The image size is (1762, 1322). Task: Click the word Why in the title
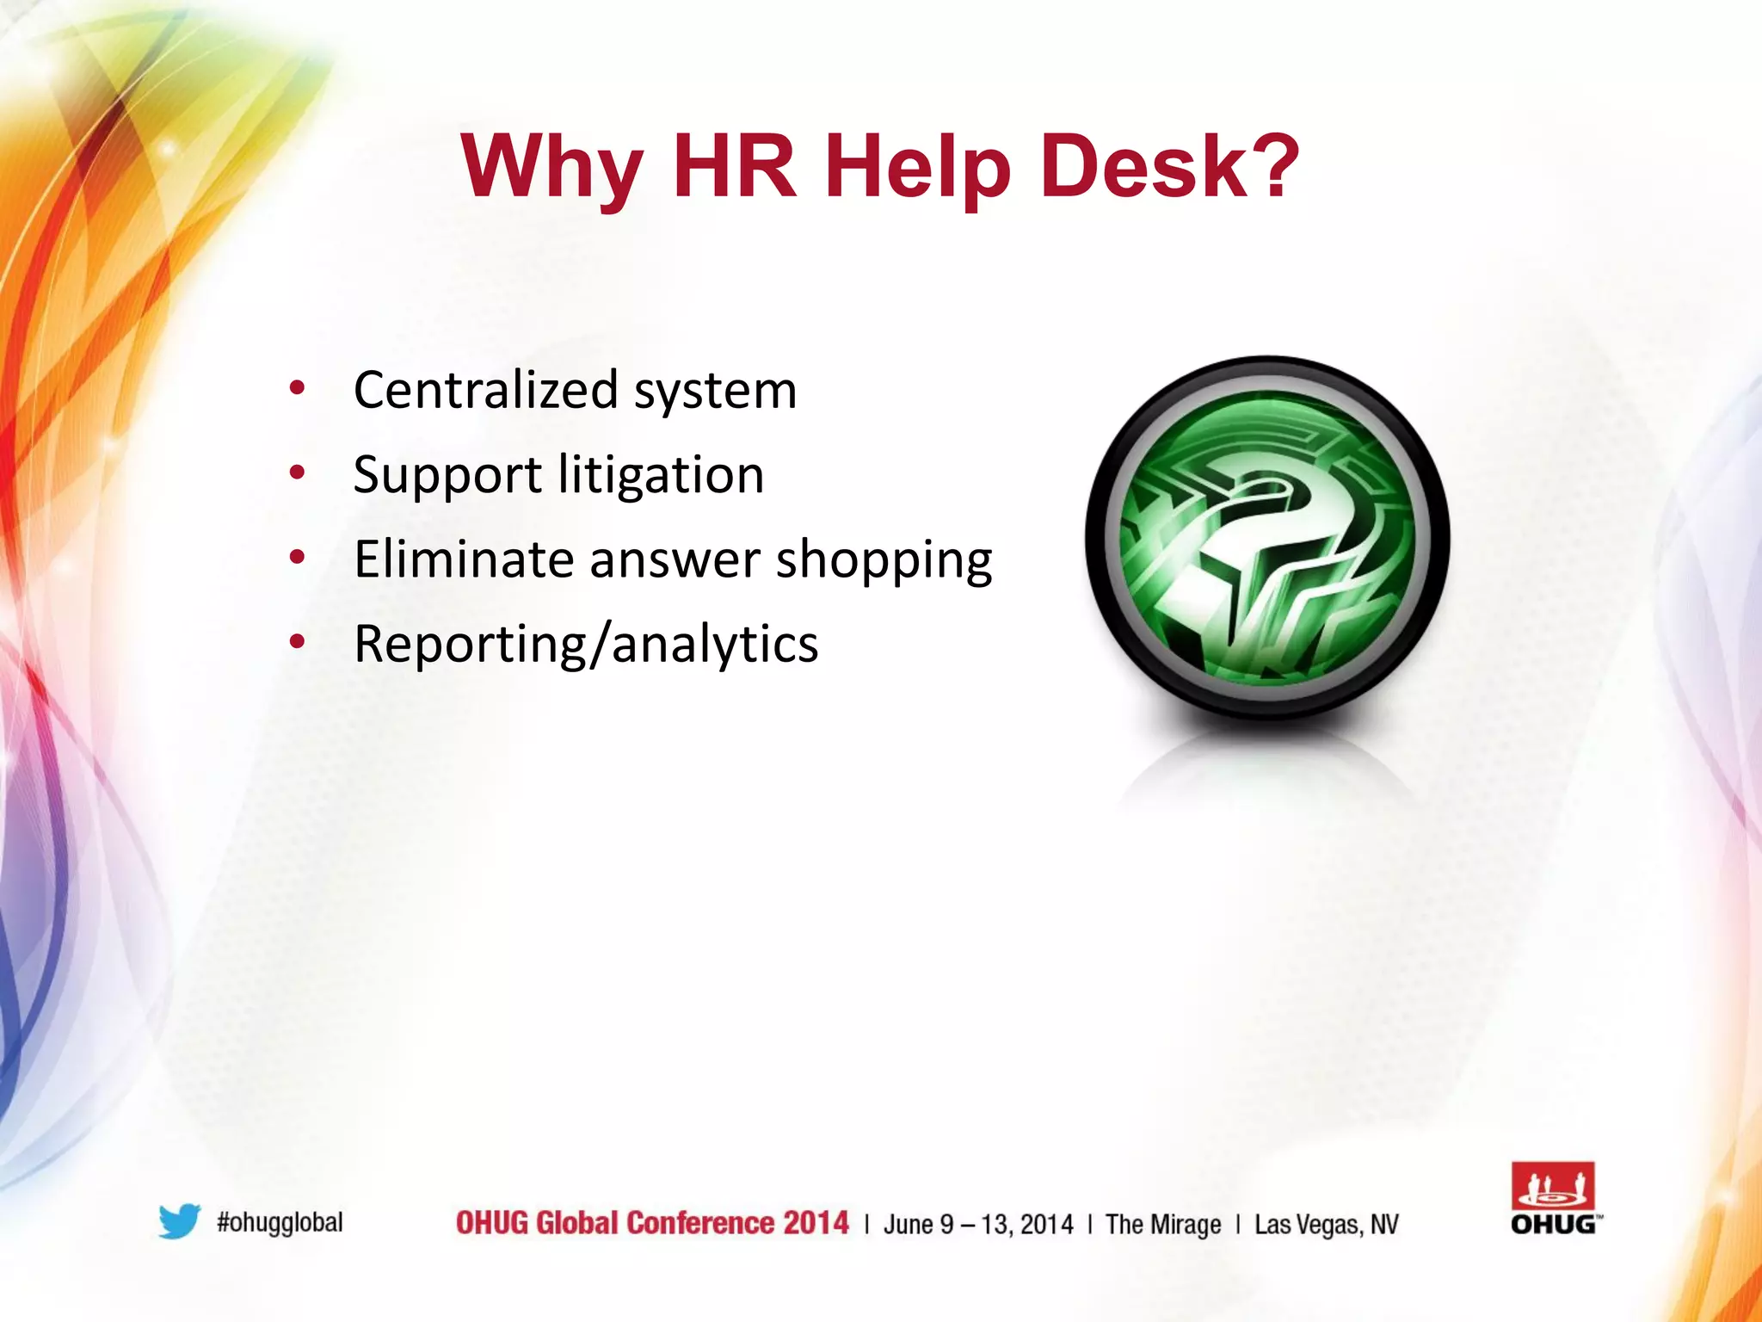point(551,167)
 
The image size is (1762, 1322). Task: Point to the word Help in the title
point(917,167)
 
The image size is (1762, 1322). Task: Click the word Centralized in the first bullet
point(486,390)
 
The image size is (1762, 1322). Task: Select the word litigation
point(661,474)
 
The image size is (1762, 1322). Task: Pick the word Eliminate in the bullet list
point(465,559)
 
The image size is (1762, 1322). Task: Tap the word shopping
point(884,560)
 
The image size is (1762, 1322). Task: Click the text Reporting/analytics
point(586,644)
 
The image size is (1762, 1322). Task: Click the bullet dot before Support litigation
point(298,473)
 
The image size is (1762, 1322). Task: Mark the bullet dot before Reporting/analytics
point(298,641)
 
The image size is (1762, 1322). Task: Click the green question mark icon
point(1267,538)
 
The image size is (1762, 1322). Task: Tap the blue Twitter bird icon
point(180,1221)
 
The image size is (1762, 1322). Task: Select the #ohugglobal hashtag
point(280,1222)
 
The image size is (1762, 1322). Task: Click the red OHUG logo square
point(1553,1187)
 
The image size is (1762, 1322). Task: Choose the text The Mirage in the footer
point(1162,1224)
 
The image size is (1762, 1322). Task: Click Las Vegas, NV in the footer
point(1326,1224)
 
